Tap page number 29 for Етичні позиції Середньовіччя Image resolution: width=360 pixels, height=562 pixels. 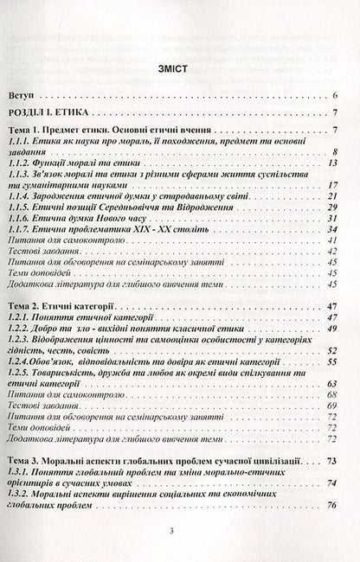332,208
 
